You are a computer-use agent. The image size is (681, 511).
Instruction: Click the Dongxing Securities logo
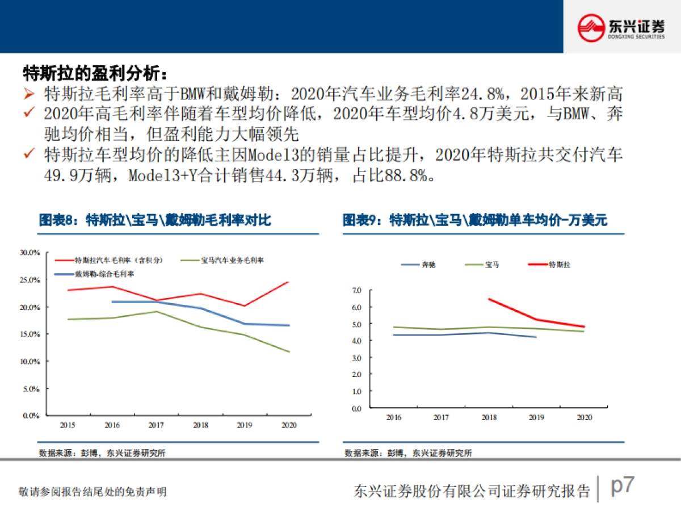[621, 27]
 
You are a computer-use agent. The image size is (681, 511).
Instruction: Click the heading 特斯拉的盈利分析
[95, 73]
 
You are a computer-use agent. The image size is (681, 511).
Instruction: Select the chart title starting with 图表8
[155, 221]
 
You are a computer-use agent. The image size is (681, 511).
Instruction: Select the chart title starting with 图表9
[474, 221]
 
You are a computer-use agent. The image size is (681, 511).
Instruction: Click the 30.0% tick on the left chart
[30, 252]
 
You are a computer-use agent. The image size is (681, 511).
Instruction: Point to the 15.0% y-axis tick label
[30, 334]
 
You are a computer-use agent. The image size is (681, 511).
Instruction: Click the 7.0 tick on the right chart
[356, 290]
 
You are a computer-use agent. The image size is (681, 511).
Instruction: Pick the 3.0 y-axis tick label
[356, 358]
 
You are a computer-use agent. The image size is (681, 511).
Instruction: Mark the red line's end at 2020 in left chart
[289, 282]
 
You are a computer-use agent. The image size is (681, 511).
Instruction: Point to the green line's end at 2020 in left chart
[289, 352]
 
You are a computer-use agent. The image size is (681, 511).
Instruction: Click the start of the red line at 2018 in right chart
[489, 299]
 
